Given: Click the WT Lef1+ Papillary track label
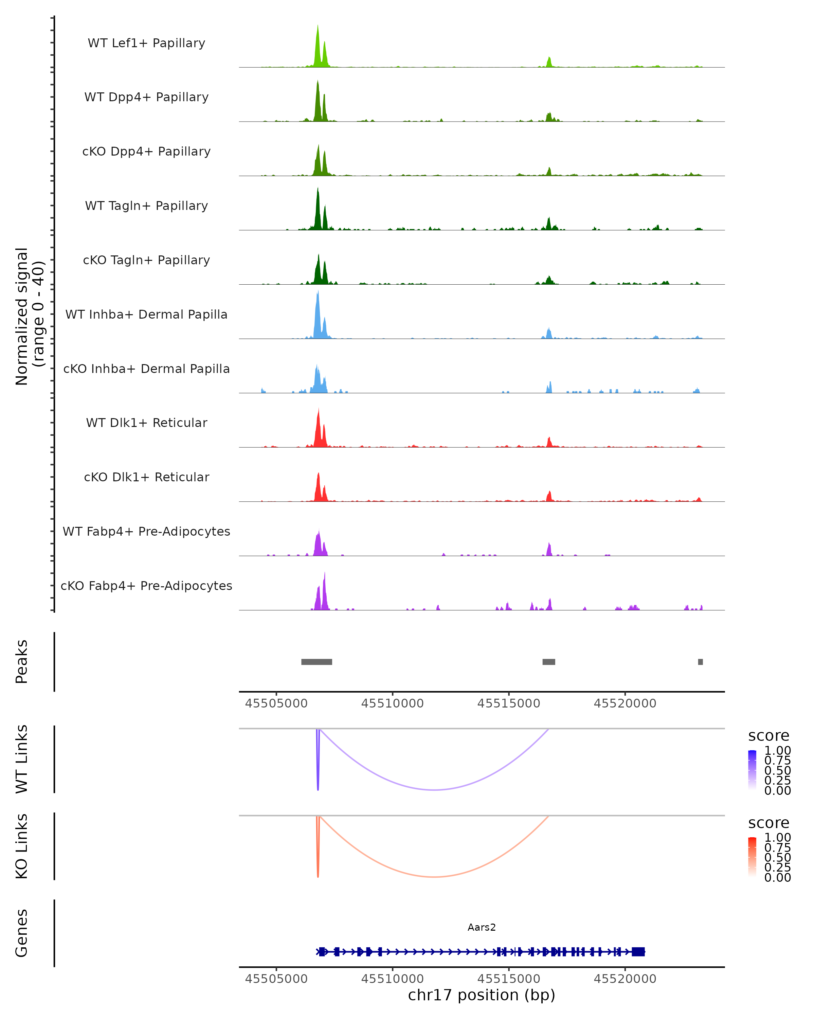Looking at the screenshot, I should coord(146,43).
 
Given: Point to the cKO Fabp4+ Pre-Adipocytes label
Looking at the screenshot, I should coord(146,586).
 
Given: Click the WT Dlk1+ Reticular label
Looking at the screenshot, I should coord(146,423).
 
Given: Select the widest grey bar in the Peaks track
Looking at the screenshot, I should coord(316,662).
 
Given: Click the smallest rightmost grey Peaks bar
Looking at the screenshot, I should coord(700,662).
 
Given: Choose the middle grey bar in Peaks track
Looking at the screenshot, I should coord(548,662).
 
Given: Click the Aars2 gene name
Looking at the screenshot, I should coord(482,927).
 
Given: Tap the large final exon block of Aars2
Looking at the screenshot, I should coord(638,952).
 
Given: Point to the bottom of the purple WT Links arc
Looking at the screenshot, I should coord(435,790).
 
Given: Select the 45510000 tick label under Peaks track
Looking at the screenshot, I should coord(392,703).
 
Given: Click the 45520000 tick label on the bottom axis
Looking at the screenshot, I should coord(624,979).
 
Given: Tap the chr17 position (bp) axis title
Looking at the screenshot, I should coord(482,995).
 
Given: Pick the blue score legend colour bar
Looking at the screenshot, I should coord(752,769).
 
